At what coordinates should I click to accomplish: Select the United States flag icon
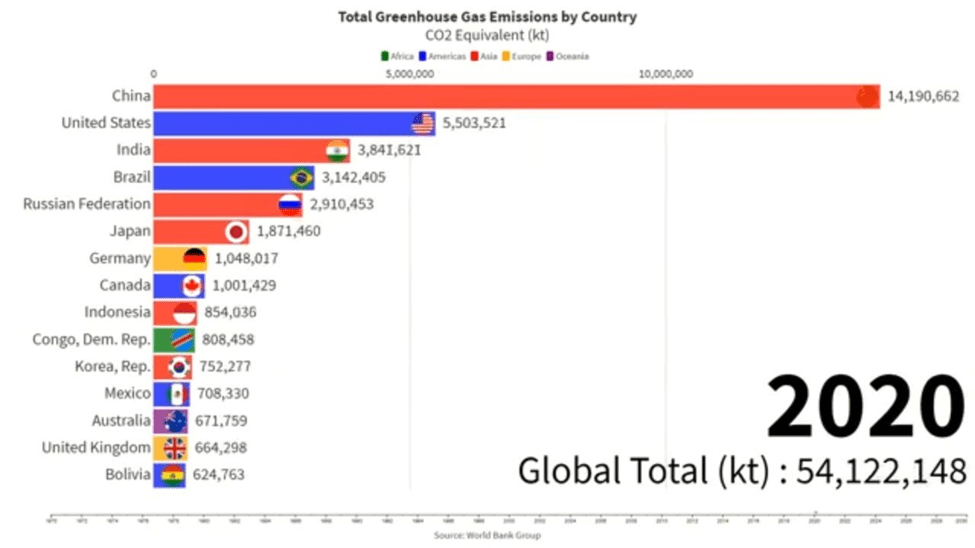tap(423, 123)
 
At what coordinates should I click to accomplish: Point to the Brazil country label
tap(132, 177)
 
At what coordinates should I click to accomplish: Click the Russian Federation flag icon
tap(290, 204)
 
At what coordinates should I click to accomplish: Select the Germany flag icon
tap(194, 258)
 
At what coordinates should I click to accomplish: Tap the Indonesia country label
tap(118, 312)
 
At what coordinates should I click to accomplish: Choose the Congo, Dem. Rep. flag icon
tap(182, 339)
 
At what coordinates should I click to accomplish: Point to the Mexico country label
tap(128, 393)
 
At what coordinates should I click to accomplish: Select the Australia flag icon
tap(176, 420)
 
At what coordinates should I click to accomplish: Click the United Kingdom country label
tap(96, 447)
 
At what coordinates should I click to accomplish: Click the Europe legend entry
tap(525, 56)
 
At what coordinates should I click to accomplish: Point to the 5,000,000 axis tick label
tap(409, 73)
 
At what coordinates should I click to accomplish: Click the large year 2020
tap(866, 406)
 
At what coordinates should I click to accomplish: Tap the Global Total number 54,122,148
tap(881, 470)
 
